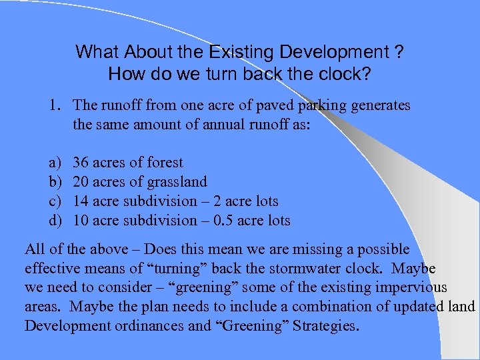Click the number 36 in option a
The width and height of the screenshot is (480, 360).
point(81,163)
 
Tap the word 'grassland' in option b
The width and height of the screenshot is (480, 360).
point(177,182)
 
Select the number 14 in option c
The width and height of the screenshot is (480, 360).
point(81,201)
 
